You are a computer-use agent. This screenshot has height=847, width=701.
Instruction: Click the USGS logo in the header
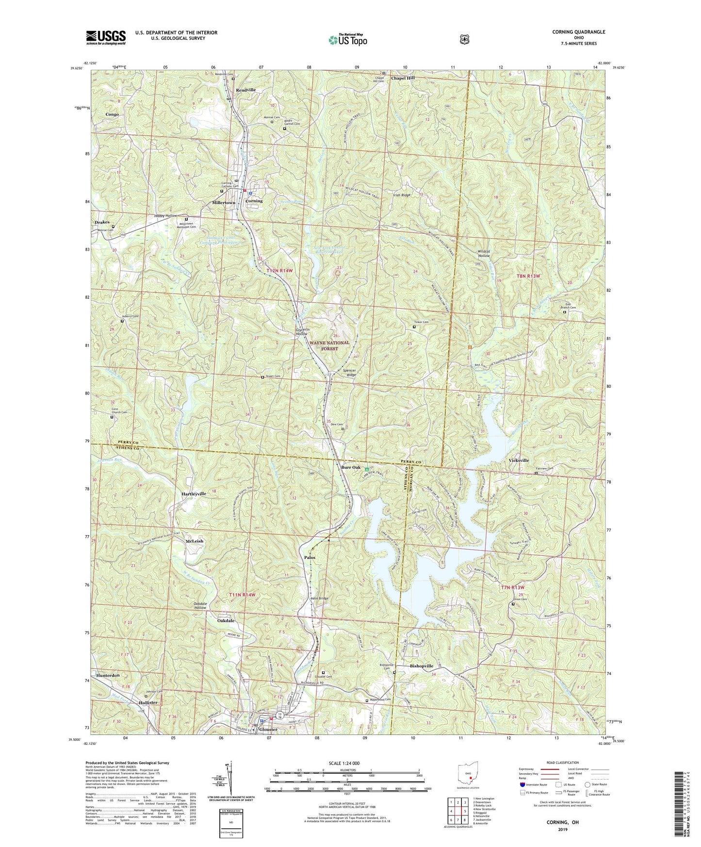(x=106, y=37)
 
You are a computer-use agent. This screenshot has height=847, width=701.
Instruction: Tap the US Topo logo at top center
(x=347, y=39)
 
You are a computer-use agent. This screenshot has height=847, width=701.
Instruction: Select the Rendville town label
(x=245, y=90)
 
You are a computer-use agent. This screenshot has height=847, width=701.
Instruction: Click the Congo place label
(x=112, y=114)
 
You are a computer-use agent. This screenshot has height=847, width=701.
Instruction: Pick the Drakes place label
(x=102, y=222)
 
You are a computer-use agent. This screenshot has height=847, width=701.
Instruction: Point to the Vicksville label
(x=519, y=460)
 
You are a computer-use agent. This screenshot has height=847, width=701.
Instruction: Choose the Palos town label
(x=310, y=557)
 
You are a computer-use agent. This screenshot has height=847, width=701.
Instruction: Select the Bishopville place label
(x=422, y=666)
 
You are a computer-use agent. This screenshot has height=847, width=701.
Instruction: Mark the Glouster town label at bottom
(x=268, y=729)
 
